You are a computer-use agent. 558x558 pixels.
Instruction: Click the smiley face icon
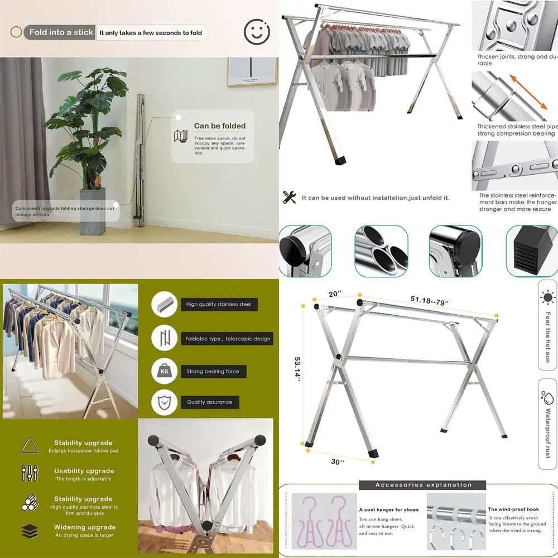click(x=257, y=32)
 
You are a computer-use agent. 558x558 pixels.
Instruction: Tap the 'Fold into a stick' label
click(x=61, y=32)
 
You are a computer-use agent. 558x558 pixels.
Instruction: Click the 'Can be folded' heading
click(x=220, y=126)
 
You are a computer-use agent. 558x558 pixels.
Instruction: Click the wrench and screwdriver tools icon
click(x=289, y=197)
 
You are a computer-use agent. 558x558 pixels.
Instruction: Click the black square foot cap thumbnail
click(x=530, y=251)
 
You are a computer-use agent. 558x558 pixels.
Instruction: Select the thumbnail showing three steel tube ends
click(x=381, y=251)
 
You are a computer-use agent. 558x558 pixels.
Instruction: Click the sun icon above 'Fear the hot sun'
click(x=547, y=296)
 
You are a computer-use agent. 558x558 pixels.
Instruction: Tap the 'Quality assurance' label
click(x=210, y=402)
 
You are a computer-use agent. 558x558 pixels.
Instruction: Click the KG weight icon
click(x=165, y=371)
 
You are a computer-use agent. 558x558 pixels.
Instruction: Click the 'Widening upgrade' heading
click(x=84, y=527)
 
